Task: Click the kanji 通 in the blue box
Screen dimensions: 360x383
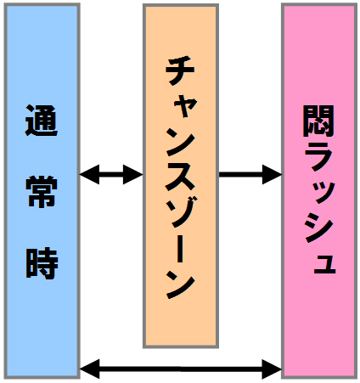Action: [x=42, y=121]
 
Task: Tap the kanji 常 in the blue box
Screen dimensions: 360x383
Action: [x=42, y=191]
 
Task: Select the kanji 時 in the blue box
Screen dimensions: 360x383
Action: [x=42, y=263]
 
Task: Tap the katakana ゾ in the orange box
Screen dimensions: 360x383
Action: [x=182, y=212]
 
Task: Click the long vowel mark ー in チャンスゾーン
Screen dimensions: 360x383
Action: [x=180, y=247]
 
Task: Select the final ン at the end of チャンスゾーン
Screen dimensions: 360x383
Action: [x=181, y=283]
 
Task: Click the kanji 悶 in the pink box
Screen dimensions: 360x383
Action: [x=318, y=121]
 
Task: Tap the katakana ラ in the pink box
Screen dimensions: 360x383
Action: [x=318, y=156]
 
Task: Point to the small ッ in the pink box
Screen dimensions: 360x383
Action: [x=323, y=193]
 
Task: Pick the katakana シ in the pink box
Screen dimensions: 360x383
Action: [x=319, y=227]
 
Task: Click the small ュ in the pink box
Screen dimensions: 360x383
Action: [x=324, y=264]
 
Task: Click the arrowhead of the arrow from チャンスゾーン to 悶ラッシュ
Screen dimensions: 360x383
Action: [x=273, y=174]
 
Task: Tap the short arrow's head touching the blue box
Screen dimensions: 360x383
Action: [x=89, y=174]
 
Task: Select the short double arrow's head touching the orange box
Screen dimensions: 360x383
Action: [x=133, y=174]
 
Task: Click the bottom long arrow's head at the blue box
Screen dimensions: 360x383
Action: [x=90, y=369]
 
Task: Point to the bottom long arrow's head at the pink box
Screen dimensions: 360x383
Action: [x=272, y=369]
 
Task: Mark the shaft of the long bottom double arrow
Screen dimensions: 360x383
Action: [x=181, y=369]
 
